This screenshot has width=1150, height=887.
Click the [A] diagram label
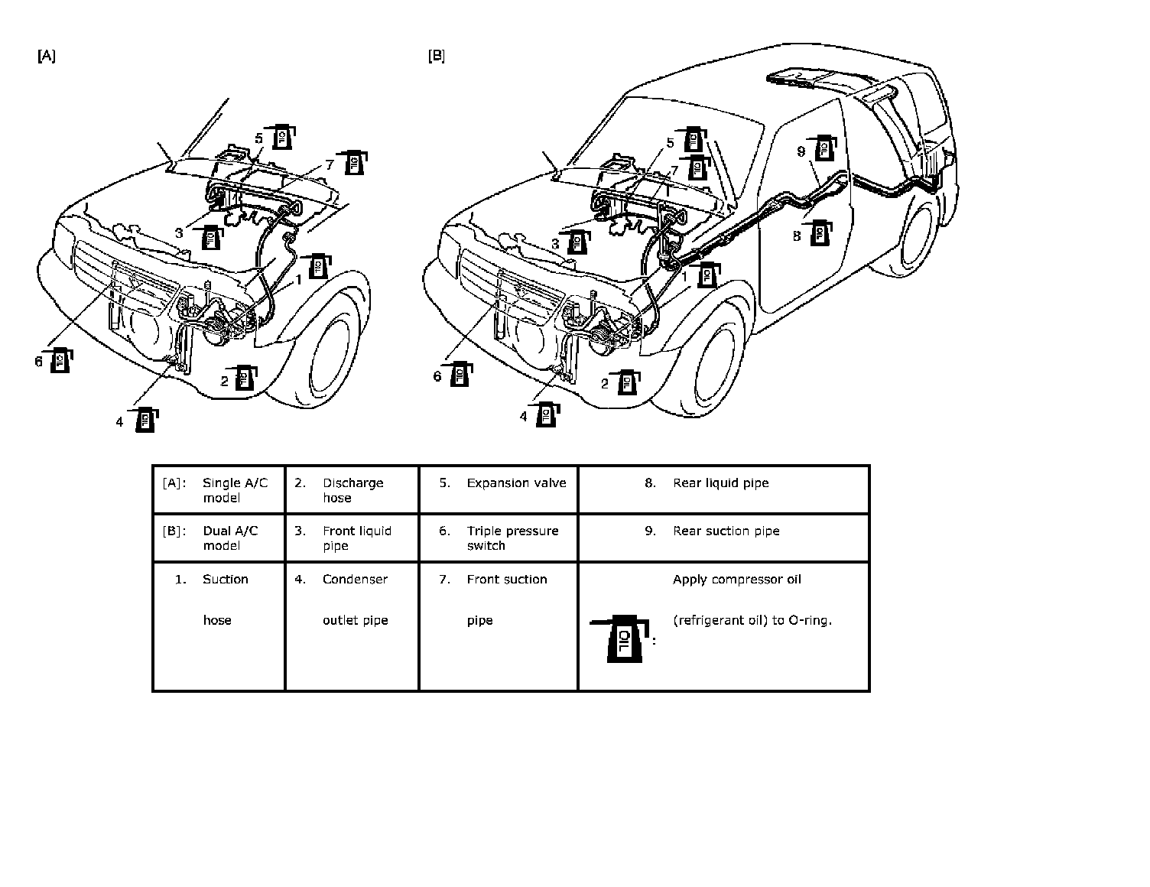tap(47, 56)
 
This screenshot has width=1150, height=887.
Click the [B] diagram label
tap(437, 56)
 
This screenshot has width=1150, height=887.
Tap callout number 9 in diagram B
tap(801, 152)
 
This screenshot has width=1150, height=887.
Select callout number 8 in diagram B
tap(797, 236)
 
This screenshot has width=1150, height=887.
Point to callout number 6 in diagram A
tap(39, 362)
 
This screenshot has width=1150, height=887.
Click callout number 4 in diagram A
tap(119, 422)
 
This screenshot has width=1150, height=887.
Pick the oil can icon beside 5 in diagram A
tap(280, 137)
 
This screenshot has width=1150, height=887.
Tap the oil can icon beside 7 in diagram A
tap(352, 162)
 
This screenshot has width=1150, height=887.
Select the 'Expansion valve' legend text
tap(516, 482)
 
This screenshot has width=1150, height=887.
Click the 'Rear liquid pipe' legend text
tap(721, 482)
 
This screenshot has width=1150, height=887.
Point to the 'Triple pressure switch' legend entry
tap(512, 538)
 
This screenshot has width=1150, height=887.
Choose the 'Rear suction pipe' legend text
tap(726, 531)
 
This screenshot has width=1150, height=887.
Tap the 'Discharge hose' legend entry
tap(353, 490)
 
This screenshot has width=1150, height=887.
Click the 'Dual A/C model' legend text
tap(230, 538)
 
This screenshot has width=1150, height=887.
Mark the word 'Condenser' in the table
tap(355, 579)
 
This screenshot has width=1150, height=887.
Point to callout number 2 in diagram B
tap(605, 384)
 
